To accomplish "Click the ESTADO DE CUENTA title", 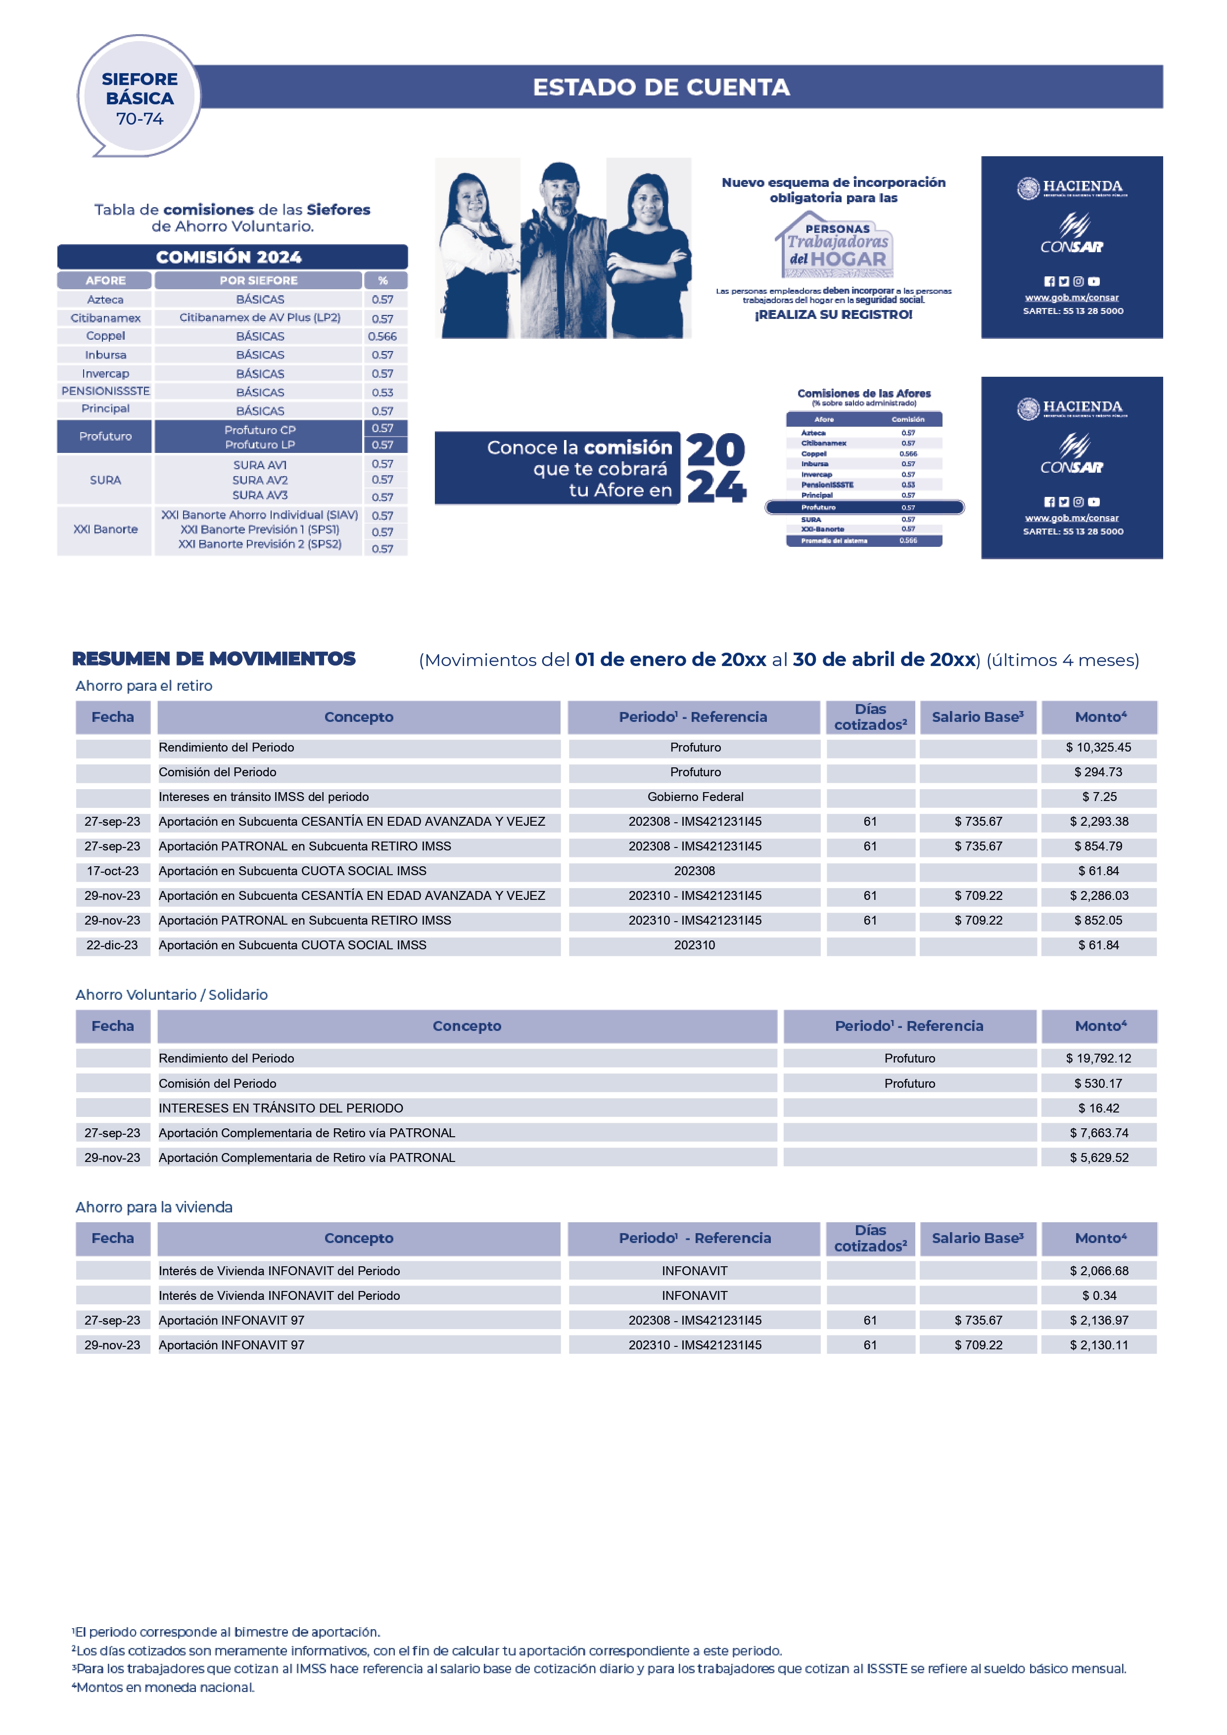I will [661, 87].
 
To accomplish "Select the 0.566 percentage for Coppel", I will [382, 336].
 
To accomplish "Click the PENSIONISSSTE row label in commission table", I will [105, 391].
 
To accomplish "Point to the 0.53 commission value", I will [382, 392].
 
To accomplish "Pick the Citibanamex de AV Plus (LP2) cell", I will [259, 317].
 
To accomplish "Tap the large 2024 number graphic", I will [715, 469].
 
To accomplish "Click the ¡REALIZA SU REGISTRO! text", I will [833, 314].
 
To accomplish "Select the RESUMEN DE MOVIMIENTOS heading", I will [214, 659].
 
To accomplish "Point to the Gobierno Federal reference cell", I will [695, 797].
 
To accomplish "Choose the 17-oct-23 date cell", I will [113, 871].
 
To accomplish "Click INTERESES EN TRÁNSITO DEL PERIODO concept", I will [281, 1108].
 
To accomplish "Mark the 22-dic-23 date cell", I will [113, 944].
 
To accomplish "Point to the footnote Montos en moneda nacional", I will [164, 1688].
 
